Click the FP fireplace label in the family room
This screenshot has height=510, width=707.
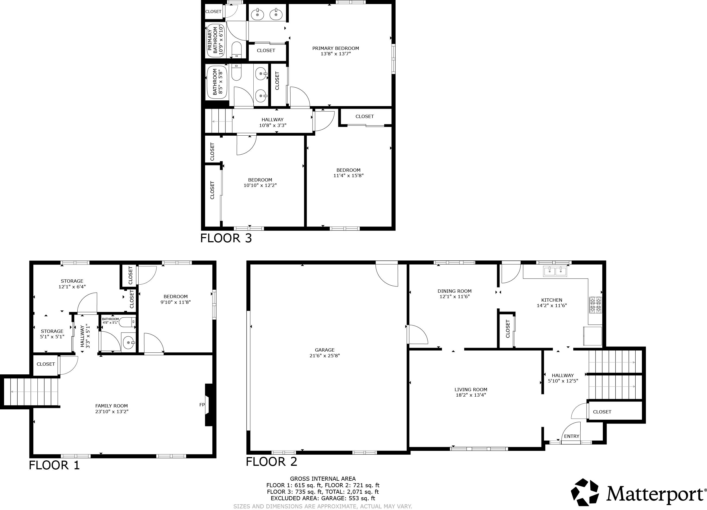202,405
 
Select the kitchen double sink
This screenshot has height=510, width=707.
555,271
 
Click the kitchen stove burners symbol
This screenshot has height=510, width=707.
595,305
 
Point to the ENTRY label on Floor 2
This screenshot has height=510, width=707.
571,436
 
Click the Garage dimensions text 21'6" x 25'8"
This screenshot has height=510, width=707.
324,355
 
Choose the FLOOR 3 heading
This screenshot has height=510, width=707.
226,238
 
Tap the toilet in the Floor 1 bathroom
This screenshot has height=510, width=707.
128,322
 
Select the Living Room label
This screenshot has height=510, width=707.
471,389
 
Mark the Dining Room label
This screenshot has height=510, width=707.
454,291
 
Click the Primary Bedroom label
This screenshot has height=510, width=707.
335,48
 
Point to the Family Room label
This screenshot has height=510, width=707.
111,406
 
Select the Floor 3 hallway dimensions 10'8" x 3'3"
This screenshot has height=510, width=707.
272,125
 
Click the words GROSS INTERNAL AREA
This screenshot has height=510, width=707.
323,479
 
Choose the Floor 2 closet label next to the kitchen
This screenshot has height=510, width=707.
508,329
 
